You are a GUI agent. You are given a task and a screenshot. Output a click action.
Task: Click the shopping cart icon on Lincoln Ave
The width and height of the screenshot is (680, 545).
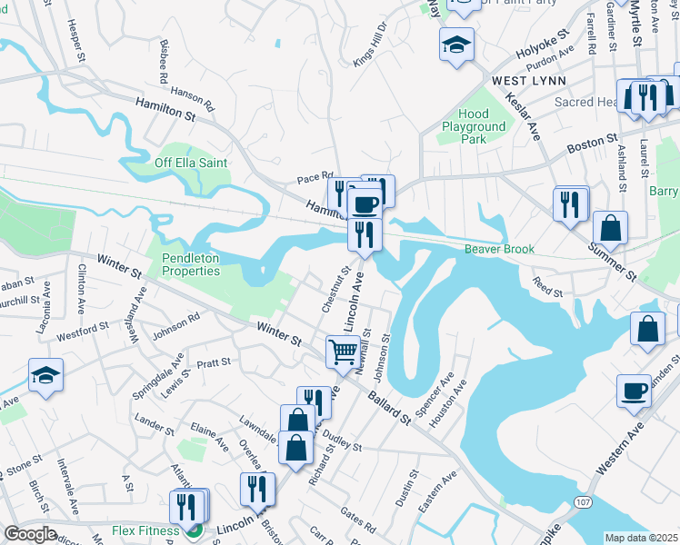point(343,350)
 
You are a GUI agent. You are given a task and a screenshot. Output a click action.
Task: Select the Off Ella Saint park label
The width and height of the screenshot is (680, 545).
point(190,163)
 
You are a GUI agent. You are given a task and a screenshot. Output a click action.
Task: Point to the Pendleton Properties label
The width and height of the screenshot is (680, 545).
point(191,264)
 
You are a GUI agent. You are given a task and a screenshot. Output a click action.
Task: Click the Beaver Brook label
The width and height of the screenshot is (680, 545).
point(499,249)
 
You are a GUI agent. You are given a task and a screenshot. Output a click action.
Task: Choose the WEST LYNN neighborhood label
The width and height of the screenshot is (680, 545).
point(528,81)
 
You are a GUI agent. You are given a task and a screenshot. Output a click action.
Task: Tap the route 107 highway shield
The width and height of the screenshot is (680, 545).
point(581,502)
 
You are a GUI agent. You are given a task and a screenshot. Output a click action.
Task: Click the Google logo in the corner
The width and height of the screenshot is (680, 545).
point(30,534)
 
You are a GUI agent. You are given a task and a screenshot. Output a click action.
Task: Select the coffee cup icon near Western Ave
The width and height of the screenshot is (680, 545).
point(634,391)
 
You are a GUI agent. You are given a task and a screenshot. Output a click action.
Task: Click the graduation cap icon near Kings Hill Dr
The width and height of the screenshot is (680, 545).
point(455,44)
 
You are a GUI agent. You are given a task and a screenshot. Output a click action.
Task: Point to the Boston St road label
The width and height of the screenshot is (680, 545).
point(585,145)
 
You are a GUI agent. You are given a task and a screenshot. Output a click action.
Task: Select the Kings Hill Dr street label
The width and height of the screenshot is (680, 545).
point(371,42)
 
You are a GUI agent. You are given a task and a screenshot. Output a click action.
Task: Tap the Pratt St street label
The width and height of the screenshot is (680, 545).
point(214,362)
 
